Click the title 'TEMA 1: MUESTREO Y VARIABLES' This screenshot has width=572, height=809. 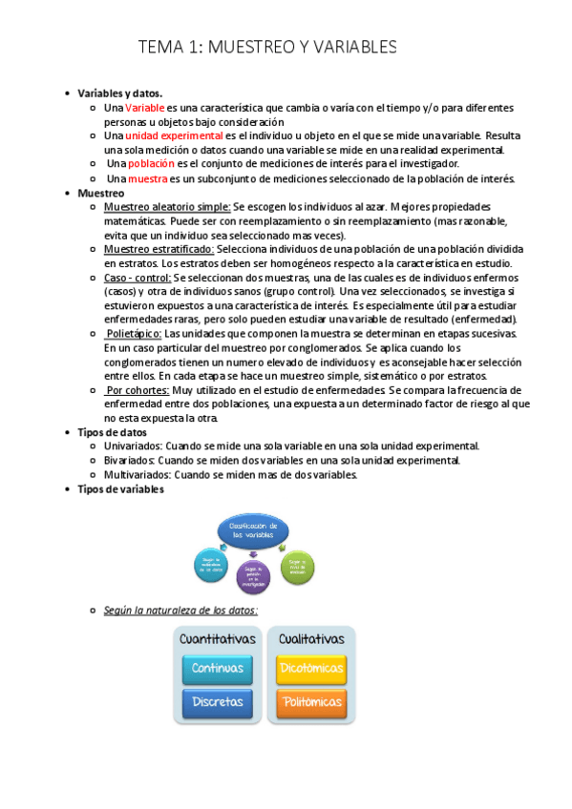(x=267, y=47)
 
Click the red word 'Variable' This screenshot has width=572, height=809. (x=145, y=109)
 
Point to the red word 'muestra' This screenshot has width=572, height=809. (x=147, y=177)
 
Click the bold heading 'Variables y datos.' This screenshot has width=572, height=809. (x=120, y=93)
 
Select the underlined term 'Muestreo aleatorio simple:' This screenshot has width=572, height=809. (x=167, y=206)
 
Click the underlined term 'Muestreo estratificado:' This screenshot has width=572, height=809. (x=159, y=248)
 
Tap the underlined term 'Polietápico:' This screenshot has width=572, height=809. (x=134, y=333)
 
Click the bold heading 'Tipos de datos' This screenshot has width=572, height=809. (x=113, y=432)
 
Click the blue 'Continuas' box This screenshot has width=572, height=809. (x=218, y=668)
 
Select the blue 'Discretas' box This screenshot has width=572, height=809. (x=218, y=702)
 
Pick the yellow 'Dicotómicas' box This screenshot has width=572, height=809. (x=311, y=668)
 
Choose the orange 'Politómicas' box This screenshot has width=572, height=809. (x=311, y=702)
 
